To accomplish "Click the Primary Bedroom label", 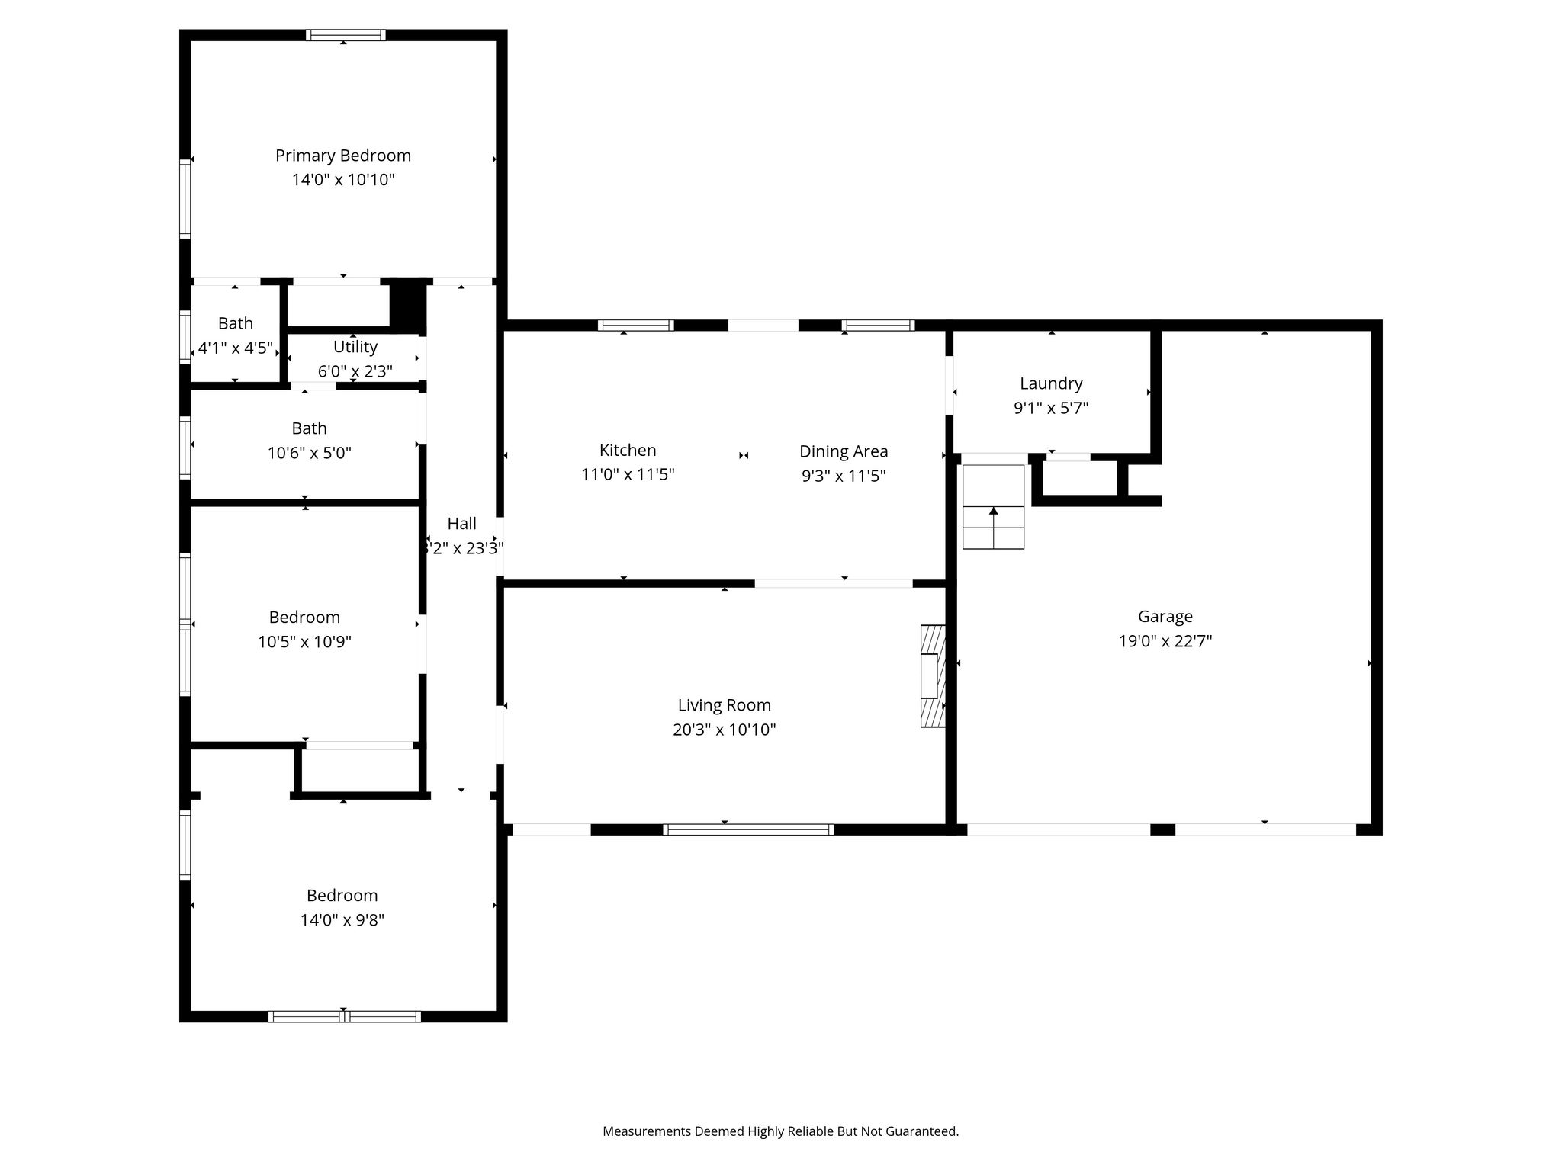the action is pyautogui.click(x=343, y=156).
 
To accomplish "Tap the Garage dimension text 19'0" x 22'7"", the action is pyautogui.click(x=1165, y=641).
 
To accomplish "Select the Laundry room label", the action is pyautogui.click(x=1051, y=383).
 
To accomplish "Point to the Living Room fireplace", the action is pyautogui.click(x=933, y=676).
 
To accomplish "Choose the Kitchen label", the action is pyautogui.click(x=628, y=450).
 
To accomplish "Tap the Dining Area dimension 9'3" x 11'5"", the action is pyautogui.click(x=844, y=476).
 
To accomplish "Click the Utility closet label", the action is pyautogui.click(x=355, y=347).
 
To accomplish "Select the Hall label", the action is pyautogui.click(x=462, y=523).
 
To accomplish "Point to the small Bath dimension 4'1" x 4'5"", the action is pyautogui.click(x=236, y=348).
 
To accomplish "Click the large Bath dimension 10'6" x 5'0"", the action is pyautogui.click(x=310, y=454).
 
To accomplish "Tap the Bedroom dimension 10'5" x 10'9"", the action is pyautogui.click(x=305, y=642).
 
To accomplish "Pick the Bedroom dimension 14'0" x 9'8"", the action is pyautogui.click(x=342, y=920).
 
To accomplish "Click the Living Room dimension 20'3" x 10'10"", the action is pyautogui.click(x=725, y=730).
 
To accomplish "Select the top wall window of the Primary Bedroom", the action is pyautogui.click(x=346, y=34).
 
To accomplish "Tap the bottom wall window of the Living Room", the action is pyautogui.click(x=748, y=829).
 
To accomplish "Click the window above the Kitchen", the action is pyautogui.click(x=636, y=326).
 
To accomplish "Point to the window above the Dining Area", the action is pyautogui.click(x=878, y=326).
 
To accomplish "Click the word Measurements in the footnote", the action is pyautogui.click(x=646, y=1131).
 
